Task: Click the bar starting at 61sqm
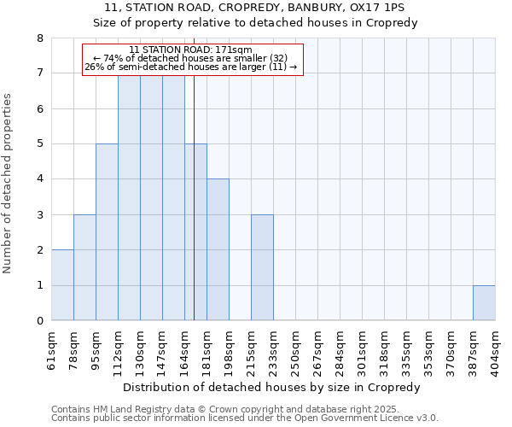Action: tap(62, 285)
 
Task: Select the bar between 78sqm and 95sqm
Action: tap(84, 267)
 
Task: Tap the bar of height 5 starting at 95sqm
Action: tap(107, 232)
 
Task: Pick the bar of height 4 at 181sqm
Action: tap(218, 249)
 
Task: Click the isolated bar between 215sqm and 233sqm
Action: tap(262, 267)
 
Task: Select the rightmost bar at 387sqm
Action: tap(484, 303)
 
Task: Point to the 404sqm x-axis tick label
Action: tap(496, 349)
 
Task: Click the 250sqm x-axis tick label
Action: tap(296, 349)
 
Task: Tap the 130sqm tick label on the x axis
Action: tap(141, 349)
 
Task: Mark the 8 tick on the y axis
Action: tap(39, 38)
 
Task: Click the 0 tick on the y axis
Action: tap(39, 321)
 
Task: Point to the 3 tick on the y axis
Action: tap(39, 215)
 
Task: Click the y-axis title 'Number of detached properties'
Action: tap(9, 184)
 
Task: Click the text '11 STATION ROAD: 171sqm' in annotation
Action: tap(191, 50)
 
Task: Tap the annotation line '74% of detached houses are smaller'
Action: tap(191, 58)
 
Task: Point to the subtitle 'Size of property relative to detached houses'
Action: tap(255, 23)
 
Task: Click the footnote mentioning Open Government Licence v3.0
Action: tap(245, 418)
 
